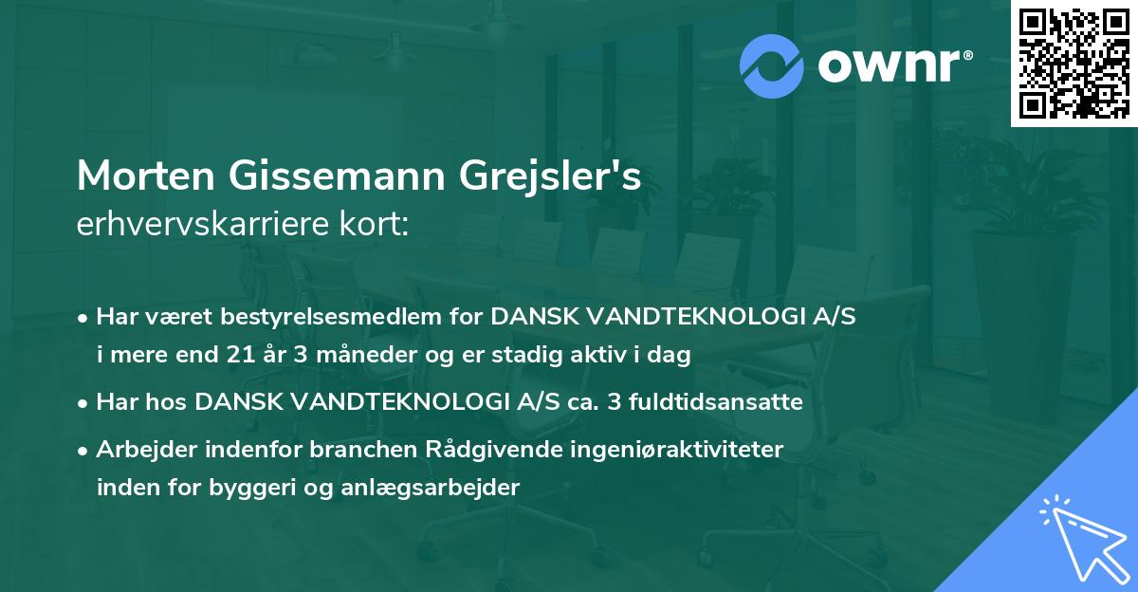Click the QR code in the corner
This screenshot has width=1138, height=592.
click(x=1074, y=64)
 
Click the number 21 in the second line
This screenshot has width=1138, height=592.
click(x=240, y=356)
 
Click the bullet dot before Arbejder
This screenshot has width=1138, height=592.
click(x=84, y=450)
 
